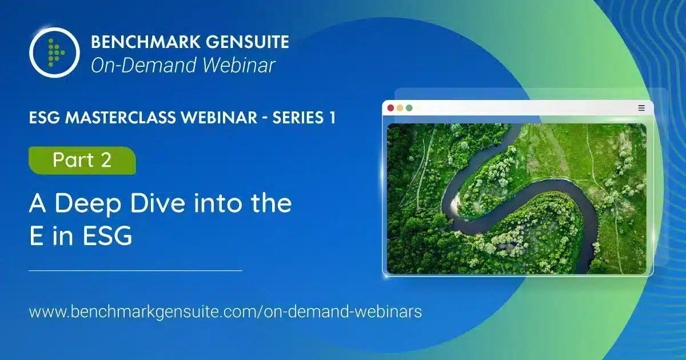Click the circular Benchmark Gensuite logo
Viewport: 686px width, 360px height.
pyautogui.click(x=54, y=53)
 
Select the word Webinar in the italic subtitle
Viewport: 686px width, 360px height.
pyautogui.click(x=238, y=65)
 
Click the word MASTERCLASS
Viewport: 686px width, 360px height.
pyautogui.click(x=161, y=118)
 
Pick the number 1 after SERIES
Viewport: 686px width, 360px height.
pyautogui.click(x=333, y=118)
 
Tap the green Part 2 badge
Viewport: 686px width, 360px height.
pyautogui.click(x=82, y=161)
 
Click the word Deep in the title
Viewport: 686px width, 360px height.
pyautogui.click(x=88, y=205)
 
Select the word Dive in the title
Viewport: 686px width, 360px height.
pyautogui.click(x=157, y=203)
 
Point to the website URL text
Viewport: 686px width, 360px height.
pyautogui.click(x=225, y=312)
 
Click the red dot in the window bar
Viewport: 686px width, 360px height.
pyautogui.click(x=390, y=108)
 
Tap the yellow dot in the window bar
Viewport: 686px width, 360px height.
pyautogui.click(x=400, y=108)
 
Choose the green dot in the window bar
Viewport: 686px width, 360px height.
pyautogui.click(x=409, y=108)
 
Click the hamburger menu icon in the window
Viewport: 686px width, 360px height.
pyautogui.click(x=641, y=108)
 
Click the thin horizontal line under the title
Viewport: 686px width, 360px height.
pyautogui.click(x=135, y=271)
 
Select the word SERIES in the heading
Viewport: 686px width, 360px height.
pyautogui.click(x=298, y=118)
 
